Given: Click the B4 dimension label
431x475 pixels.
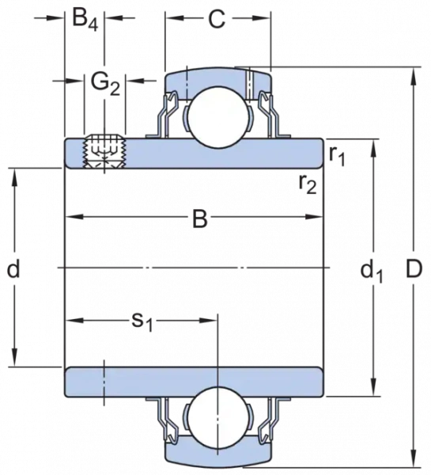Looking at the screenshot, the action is click(85, 21).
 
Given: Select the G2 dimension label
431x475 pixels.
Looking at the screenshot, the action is click(106, 84).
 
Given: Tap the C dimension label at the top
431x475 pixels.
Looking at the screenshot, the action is click(217, 19).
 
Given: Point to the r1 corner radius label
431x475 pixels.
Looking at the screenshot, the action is click(337, 155).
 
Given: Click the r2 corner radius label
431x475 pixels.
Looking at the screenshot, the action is click(308, 184).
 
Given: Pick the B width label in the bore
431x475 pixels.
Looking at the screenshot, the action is click(200, 218).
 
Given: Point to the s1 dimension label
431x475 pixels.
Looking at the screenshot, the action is click(142, 322).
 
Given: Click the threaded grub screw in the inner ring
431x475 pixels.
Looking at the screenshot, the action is click(104, 151).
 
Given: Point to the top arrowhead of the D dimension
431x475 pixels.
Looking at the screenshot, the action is click(413, 77).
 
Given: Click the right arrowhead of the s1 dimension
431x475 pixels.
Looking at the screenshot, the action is click(209, 320).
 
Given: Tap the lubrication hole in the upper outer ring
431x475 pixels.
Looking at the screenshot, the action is click(249, 82).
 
